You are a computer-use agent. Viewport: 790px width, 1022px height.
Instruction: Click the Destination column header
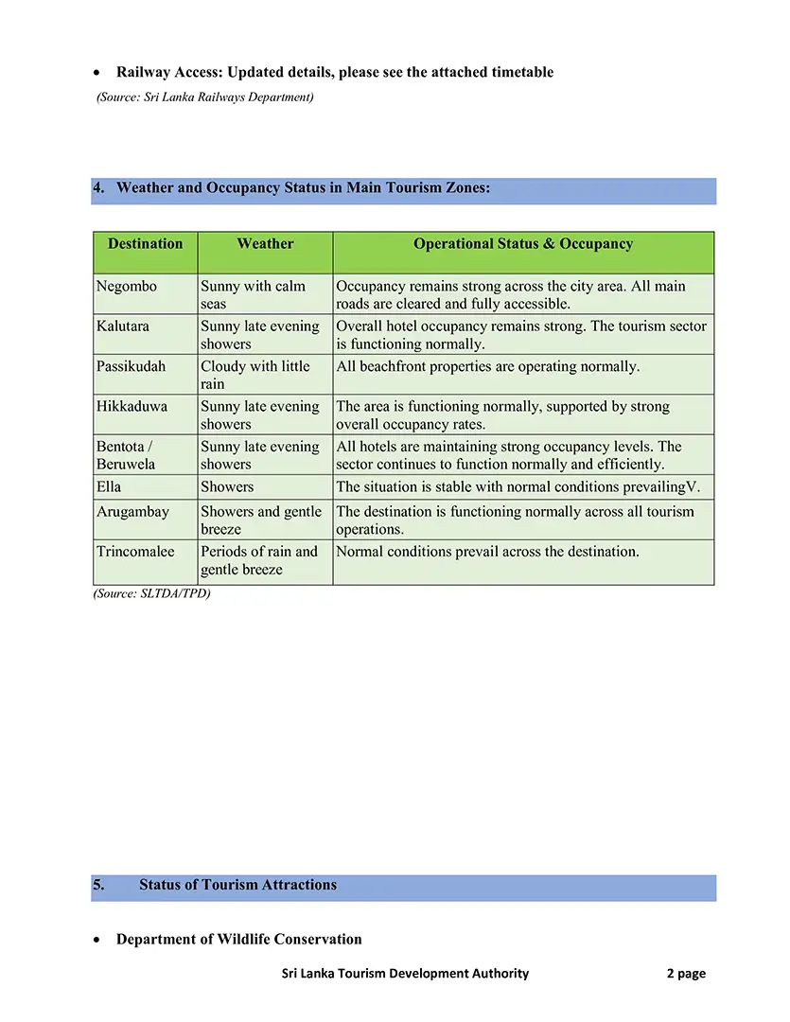pyautogui.click(x=145, y=244)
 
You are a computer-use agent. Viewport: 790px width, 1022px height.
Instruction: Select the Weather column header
pyautogui.click(x=265, y=244)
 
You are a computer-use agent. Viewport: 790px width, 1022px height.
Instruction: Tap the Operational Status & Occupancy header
pyautogui.click(x=523, y=244)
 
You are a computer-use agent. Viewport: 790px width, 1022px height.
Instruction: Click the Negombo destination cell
pyautogui.click(x=127, y=286)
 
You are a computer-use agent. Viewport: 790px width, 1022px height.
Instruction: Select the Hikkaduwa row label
pyautogui.click(x=132, y=407)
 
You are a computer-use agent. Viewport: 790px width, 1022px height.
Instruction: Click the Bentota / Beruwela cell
pyautogui.click(x=125, y=455)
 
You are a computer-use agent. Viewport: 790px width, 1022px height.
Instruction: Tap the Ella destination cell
pyautogui.click(x=109, y=487)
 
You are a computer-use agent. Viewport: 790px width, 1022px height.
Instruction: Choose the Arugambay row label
pyautogui.click(x=132, y=512)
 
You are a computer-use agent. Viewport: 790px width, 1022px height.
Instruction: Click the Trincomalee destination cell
pyautogui.click(x=135, y=552)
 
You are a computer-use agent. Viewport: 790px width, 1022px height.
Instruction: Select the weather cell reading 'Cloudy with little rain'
pyautogui.click(x=255, y=375)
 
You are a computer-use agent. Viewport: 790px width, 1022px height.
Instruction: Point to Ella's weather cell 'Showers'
pyautogui.click(x=227, y=487)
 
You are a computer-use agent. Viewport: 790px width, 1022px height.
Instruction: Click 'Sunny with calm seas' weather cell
pyautogui.click(x=253, y=294)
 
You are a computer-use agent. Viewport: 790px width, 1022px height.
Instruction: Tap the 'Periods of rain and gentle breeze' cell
pyautogui.click(x=259, y=560)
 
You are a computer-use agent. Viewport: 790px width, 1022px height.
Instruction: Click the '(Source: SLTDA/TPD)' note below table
pyautogui.click(x=151, y=593)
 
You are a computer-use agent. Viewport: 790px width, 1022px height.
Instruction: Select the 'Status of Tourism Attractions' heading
pyautogui.click(x=237, y=886)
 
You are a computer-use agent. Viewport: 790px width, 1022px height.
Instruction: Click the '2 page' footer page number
pyautogui.click(x=686, y=974)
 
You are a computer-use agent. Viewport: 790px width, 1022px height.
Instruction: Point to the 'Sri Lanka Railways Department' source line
pyautogui.click(x=205, y=97)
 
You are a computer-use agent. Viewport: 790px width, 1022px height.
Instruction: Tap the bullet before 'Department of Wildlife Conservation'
pyautogui.click(x=98, y=941)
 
